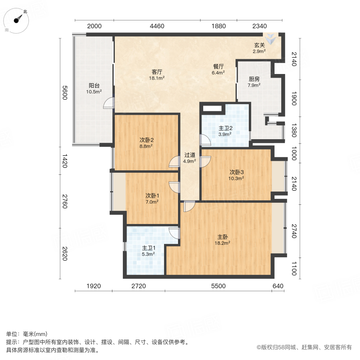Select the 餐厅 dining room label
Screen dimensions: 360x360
pyautogui.click(x=218, y=67)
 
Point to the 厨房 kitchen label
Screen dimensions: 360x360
pyautogui.click(x=254, y=79)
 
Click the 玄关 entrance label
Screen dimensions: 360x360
pyautogui.click(x=259, y=46)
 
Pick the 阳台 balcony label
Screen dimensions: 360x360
pyautogui.click(x=94, y=86)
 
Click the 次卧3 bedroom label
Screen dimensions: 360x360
pyautogui.click(x=236, y=172)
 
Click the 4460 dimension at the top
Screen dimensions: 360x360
pyautogui.click(x=157, y=26)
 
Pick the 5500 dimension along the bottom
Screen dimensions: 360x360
pyautogui.click(x=218, y=286)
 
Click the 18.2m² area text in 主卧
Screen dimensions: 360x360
pyautogui.click(x=224, y=242)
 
